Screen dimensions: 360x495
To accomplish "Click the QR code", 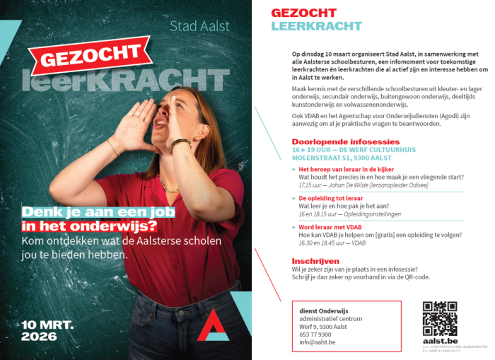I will (439, 318).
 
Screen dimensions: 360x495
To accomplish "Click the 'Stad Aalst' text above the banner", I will (199, 27).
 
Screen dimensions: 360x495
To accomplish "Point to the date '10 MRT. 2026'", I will (43, 330).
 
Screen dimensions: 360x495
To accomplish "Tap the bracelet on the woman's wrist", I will (180, 144).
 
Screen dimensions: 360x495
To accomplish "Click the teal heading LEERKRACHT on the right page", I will (316, 26).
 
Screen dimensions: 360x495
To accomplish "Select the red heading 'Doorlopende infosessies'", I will (345, 142).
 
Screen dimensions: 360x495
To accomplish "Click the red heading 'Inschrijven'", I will (315, 260).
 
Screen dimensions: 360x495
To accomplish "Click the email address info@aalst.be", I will (318, 342).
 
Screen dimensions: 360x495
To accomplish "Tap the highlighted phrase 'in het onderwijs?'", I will (90, 226).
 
